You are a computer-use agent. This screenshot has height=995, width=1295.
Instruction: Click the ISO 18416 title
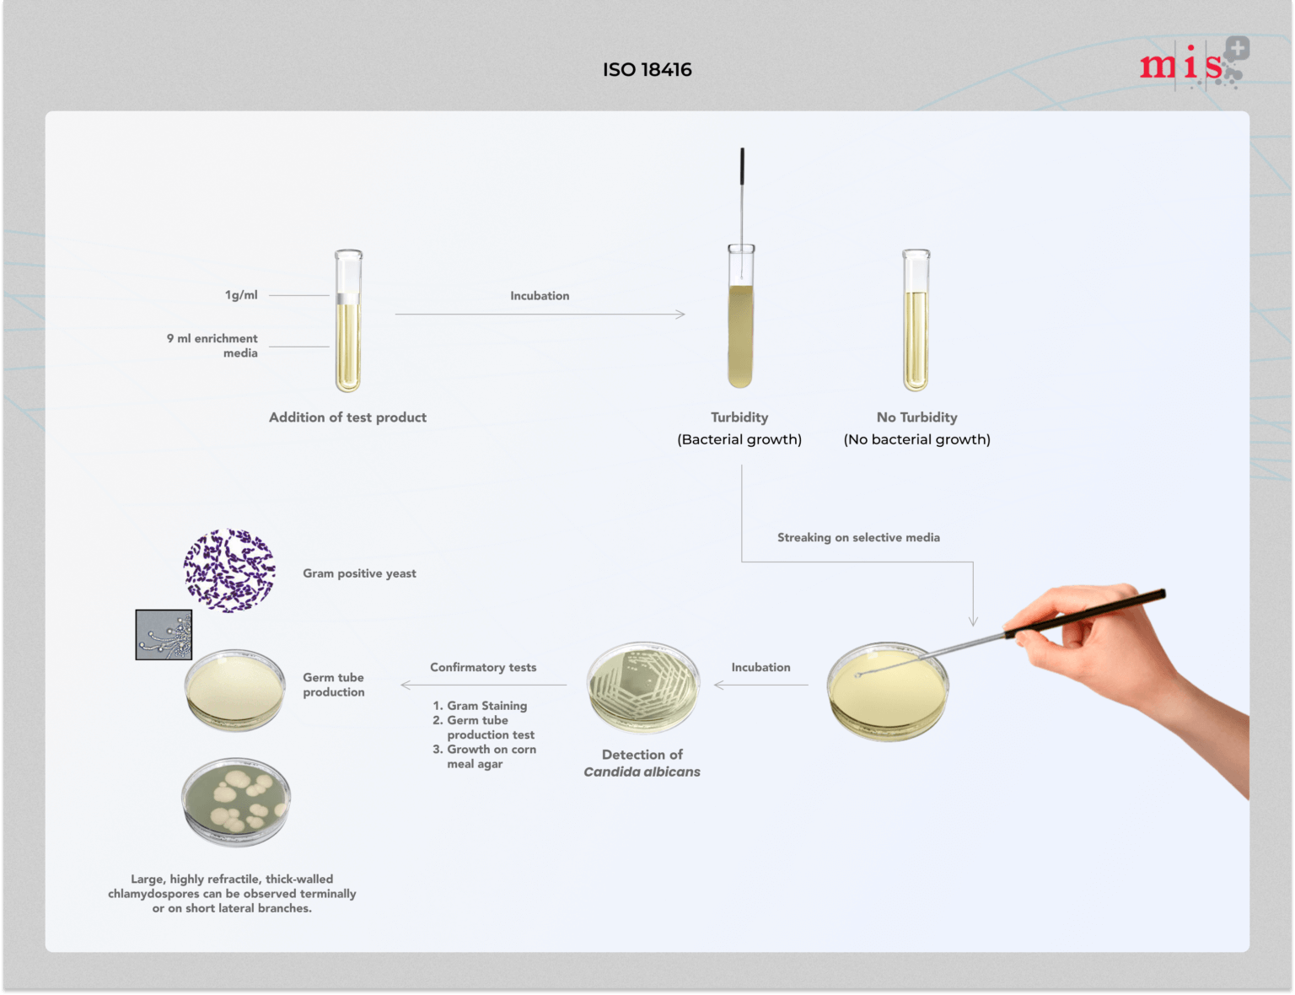[647, 70]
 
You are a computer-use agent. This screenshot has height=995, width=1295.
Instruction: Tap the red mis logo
[1189, 64]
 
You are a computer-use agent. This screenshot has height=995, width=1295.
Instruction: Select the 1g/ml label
[241, 295]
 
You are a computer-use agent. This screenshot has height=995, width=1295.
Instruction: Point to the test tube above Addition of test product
[348, 322]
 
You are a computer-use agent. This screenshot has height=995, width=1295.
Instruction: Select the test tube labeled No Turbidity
[916, 322]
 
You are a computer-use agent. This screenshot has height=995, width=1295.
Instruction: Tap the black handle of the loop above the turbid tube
[742, 166]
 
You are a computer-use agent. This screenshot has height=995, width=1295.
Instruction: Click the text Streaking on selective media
[858, 537]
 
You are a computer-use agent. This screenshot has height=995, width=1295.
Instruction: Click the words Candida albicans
[642, 772]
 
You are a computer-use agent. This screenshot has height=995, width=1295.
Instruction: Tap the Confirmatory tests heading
[483, 667]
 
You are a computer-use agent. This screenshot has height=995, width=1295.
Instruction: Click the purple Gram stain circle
[229, 571]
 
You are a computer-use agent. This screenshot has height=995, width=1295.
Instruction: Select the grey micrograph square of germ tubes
[164, 634]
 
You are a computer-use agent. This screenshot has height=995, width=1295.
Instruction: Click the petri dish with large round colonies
[235, 801]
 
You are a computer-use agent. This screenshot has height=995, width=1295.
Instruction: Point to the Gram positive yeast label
[359, 573]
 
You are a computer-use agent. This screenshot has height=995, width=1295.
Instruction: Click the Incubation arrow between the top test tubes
[540, 314]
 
